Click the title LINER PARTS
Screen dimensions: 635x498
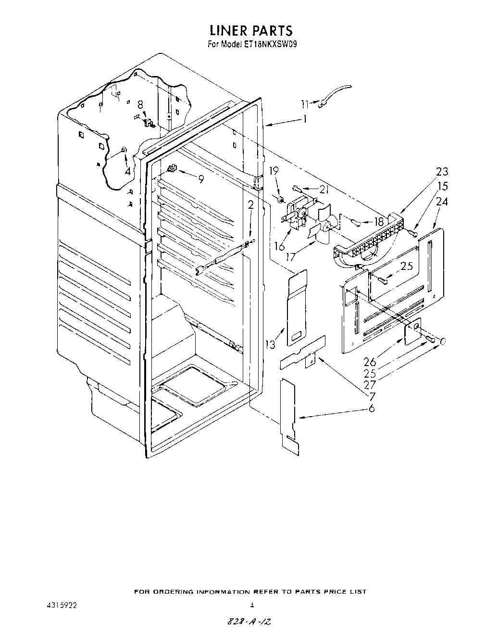tap(250, 30)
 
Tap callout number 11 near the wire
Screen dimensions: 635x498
tap(304, 103)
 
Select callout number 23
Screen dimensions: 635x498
tap(442, 172)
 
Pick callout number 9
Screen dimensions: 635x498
tap(201, 179)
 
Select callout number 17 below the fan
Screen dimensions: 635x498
tap(290, 257)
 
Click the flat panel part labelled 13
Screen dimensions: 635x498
tap(298, 308)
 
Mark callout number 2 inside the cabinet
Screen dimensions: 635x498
tap(250, 205)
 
